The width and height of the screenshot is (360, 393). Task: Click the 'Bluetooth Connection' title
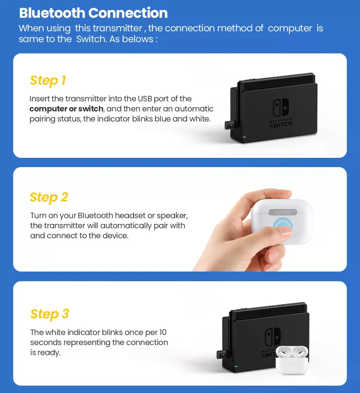pyautogui.click(x=93, y=13)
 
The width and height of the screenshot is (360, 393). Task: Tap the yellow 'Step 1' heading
pyautogui.click(x=48, y=81)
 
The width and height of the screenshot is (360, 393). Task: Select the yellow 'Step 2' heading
pyautogui.click(x=49, y=197)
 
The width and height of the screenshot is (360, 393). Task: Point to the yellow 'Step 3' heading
pyautogui.click(x=50, y=314)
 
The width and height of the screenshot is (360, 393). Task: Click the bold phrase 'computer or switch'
pyautogui.click(x=66, y=109)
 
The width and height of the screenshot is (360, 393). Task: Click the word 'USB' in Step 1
pyautogui.click(x=145, y=99)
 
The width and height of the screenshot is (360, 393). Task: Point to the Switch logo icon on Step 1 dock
pyautogui.click(x=281, y=108)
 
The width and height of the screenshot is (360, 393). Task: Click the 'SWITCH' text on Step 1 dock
pyautogui.click(x=281, y=125)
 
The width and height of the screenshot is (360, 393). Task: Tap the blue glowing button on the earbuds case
pyautogui.click(x=283, y=226)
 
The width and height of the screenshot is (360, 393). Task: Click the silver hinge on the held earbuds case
pyautogui.click(x=283, y=212)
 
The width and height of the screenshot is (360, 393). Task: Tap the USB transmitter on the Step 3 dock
pyautogui.click(x=222, y=354)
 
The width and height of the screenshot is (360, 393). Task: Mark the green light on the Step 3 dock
pyautogui.click(x=236, y=366)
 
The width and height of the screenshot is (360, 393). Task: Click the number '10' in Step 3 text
pyautogui.click(x=163, y=332)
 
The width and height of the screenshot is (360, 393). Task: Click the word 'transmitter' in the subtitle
pyautogui.click(x=117, y=28)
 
